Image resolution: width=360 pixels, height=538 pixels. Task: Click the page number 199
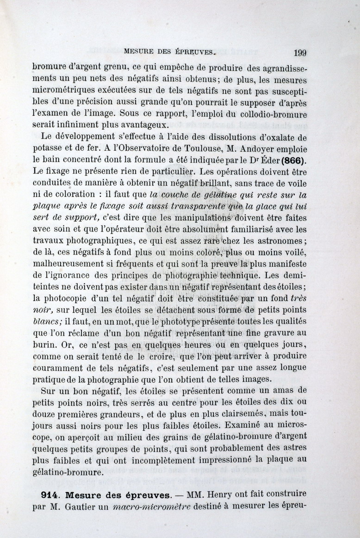coord(299,52)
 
